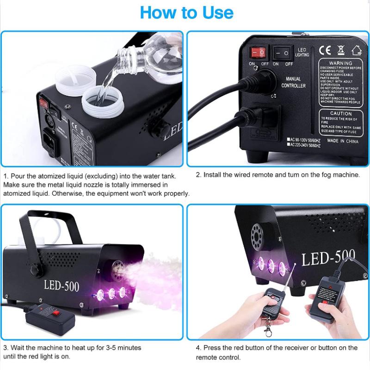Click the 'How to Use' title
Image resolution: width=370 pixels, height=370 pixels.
tap(186, 12)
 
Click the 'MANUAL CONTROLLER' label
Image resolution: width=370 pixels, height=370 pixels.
tap(294, 82)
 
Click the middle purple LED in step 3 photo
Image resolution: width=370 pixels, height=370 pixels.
tap(110, 293)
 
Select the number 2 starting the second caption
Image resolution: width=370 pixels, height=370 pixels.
tap(198, 175)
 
